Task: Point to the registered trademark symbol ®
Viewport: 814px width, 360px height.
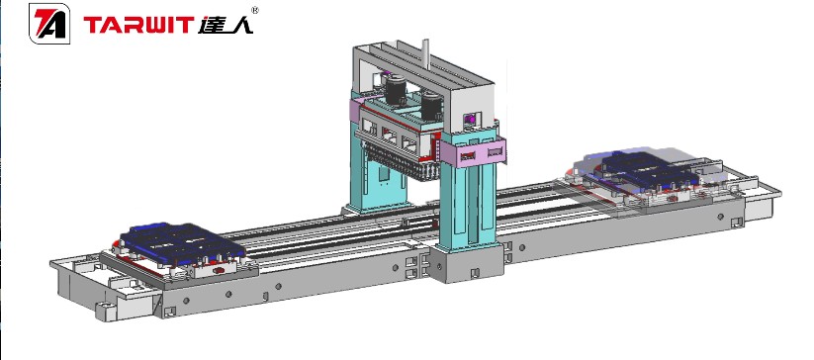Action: click(x=256, y=11)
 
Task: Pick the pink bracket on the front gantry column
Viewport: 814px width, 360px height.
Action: click(x=478, y=152)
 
